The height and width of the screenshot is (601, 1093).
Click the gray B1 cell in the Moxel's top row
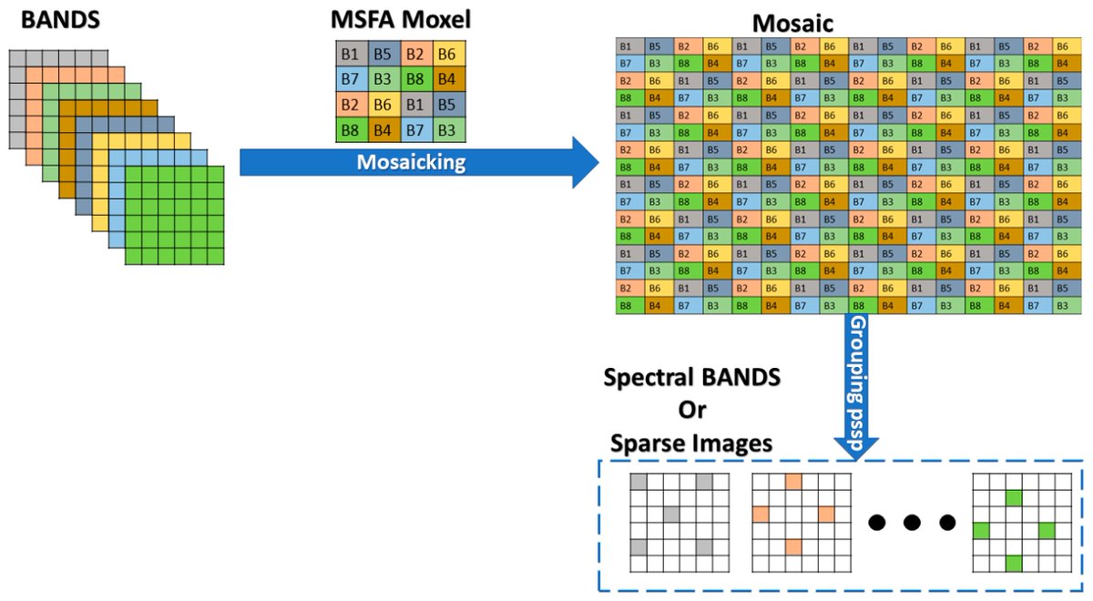click(x=350, y=55)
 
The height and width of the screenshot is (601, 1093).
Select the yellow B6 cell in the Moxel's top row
click(x=445, y=55)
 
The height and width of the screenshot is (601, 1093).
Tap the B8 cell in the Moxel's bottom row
click(x=350, y=130)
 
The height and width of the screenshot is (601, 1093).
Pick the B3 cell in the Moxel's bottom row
click(x=445, y=130)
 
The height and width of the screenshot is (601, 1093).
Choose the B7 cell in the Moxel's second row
click(x=350, y=79)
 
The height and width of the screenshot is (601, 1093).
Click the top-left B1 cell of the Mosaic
click(x=626, y=46)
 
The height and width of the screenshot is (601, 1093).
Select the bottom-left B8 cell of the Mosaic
click(x=626, y=306)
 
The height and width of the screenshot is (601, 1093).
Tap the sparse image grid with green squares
click(x=1015, y=522)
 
